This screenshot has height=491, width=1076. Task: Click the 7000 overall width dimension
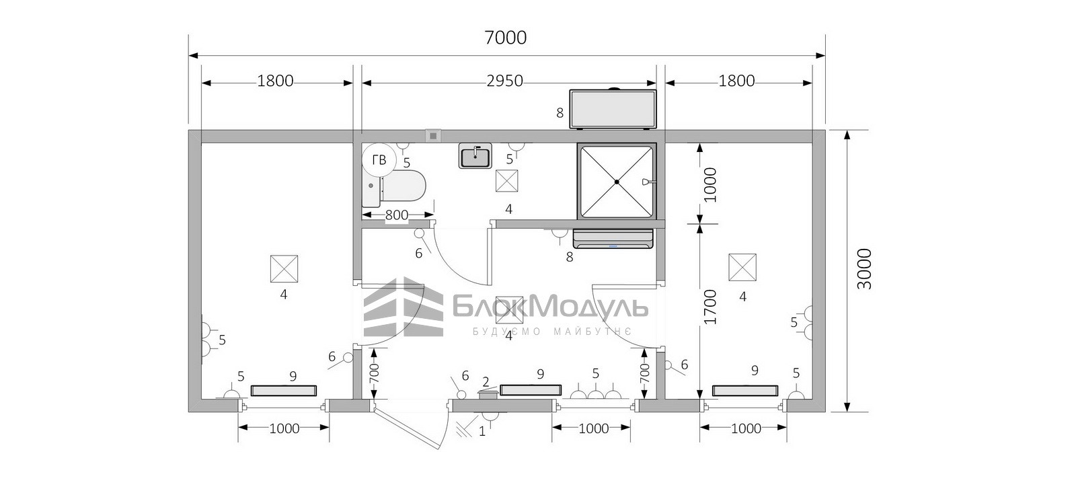[x=505, y=38]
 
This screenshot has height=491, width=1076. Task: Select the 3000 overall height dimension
[x=864, y=269]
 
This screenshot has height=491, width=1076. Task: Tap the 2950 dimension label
[x=504, y=81]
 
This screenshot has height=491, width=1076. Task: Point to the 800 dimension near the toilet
[x=397, y=215]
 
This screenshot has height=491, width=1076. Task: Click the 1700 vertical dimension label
[x=709, y=307]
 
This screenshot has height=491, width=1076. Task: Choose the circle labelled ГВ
[x=379, y=159]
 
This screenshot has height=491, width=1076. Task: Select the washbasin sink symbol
[x=475, y=155]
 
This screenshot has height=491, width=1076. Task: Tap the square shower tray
[x=617, y=182]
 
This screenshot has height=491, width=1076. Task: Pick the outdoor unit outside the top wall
[x=613, y=108]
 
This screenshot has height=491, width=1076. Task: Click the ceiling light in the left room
[x=284, y=268]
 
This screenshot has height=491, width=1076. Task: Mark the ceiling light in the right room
[x=742, y=267]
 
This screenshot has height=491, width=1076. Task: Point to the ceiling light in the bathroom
[x=507, y=181]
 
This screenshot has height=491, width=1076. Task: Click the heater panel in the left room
[x=284, y=391]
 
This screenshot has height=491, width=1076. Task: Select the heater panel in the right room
[x=745, y=390]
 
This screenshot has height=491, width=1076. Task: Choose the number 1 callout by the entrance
[x=482, y=431]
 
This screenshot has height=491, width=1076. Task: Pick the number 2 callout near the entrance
[x=486, y=382]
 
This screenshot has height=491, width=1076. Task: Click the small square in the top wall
[x=433, y=136]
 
